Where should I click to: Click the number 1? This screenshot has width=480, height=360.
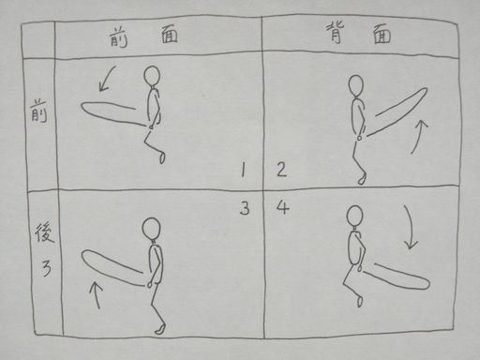pos(243,171)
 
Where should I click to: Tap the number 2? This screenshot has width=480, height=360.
pos(281,170)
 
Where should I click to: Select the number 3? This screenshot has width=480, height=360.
pos(245,208)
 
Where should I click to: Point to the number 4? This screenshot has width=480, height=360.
pos(283,206)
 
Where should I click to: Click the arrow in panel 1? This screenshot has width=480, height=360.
pos(106,79)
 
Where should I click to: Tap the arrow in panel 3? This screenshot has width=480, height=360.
pos(97,294)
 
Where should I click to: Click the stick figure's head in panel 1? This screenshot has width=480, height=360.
pos(152,76)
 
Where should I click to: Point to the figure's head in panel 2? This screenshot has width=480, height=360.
pos(356,85)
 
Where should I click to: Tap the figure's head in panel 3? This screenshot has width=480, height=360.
pos(152,229)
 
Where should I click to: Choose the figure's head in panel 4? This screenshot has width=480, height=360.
pos(355,217)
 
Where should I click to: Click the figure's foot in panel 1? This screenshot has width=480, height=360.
pos(162,157)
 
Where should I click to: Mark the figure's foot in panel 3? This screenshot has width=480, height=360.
pos(160,329)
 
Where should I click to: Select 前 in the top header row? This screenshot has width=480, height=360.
pos(118,37)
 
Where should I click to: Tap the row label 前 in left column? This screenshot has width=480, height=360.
pos(38,111)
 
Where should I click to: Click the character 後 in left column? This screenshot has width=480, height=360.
pos(44,232)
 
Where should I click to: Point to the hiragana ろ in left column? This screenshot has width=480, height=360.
pos(46,268)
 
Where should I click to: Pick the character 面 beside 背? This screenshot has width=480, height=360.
pos(382,35)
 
